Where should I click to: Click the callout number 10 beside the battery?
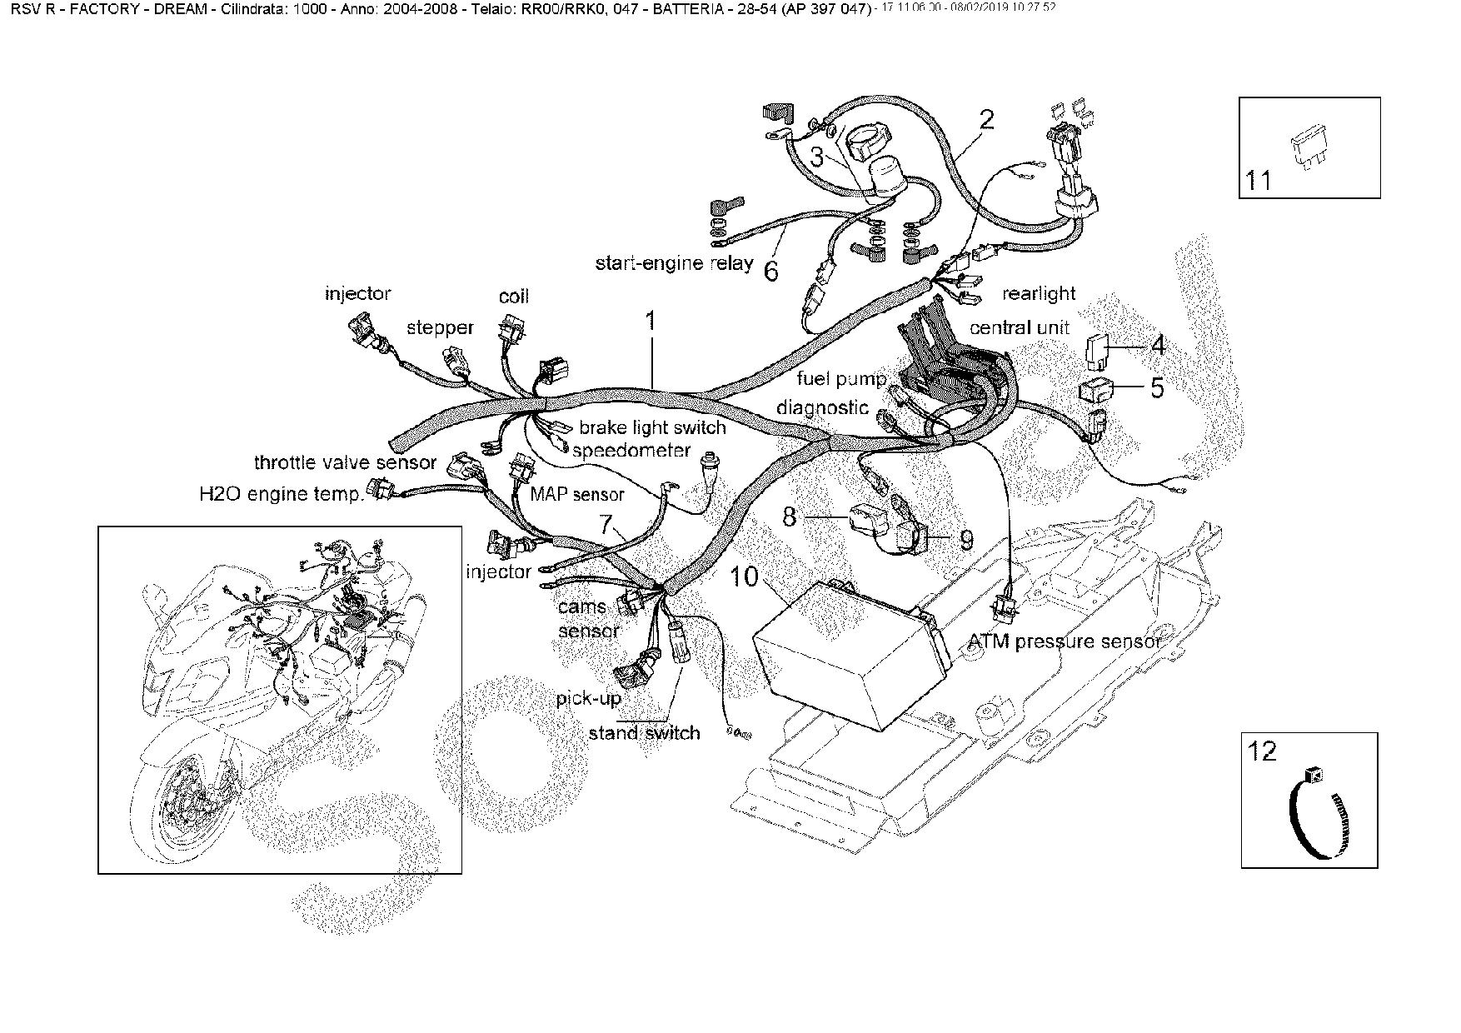[x=745, y=576]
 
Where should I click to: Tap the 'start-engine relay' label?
[x=674, y=263]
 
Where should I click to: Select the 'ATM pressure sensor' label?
[x=1065, y=641]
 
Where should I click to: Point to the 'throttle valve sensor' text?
[x=345, y=462]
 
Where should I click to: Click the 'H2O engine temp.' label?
[x=282, y=494]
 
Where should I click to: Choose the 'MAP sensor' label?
[x=577, y=494]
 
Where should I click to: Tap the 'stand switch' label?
[x=644, y=733]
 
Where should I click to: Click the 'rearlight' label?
[x=1039, y=293]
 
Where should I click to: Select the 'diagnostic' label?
[x=823, y=407]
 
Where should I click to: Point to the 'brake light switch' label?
[x=652, y=428]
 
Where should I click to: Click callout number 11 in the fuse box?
[x=1259, y=179]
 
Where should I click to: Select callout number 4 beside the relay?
[x=1158, y=345]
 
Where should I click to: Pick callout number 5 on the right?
[x=1157, y=387]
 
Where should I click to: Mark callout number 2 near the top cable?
[x=987, y=119]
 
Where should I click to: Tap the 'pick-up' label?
[x=589, y=698]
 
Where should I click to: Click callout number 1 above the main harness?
[x=651, y=321]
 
